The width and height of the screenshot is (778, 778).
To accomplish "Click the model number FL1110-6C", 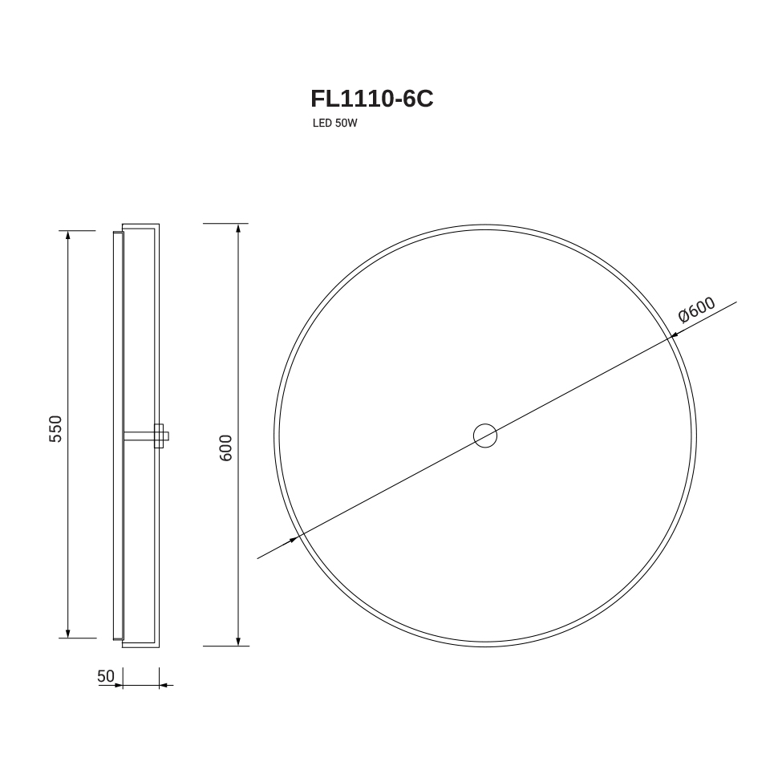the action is coord(371,98).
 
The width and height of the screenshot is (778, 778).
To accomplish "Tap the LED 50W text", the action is coord(335,123).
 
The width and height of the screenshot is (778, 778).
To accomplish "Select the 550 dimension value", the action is coord(55,428).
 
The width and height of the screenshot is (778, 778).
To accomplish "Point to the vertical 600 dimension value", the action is coord(225,448).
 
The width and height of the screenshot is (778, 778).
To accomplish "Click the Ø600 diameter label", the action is coord(697,310).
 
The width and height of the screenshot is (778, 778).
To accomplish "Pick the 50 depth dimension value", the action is coord(106,676).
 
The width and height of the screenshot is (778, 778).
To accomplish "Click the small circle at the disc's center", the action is coord(485,436).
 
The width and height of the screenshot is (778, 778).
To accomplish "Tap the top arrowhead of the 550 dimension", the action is coord(68,235).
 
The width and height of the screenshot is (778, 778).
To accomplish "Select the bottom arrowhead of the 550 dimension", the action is coord(68,634).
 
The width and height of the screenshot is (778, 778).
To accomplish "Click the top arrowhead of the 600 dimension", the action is coord(239,229).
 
